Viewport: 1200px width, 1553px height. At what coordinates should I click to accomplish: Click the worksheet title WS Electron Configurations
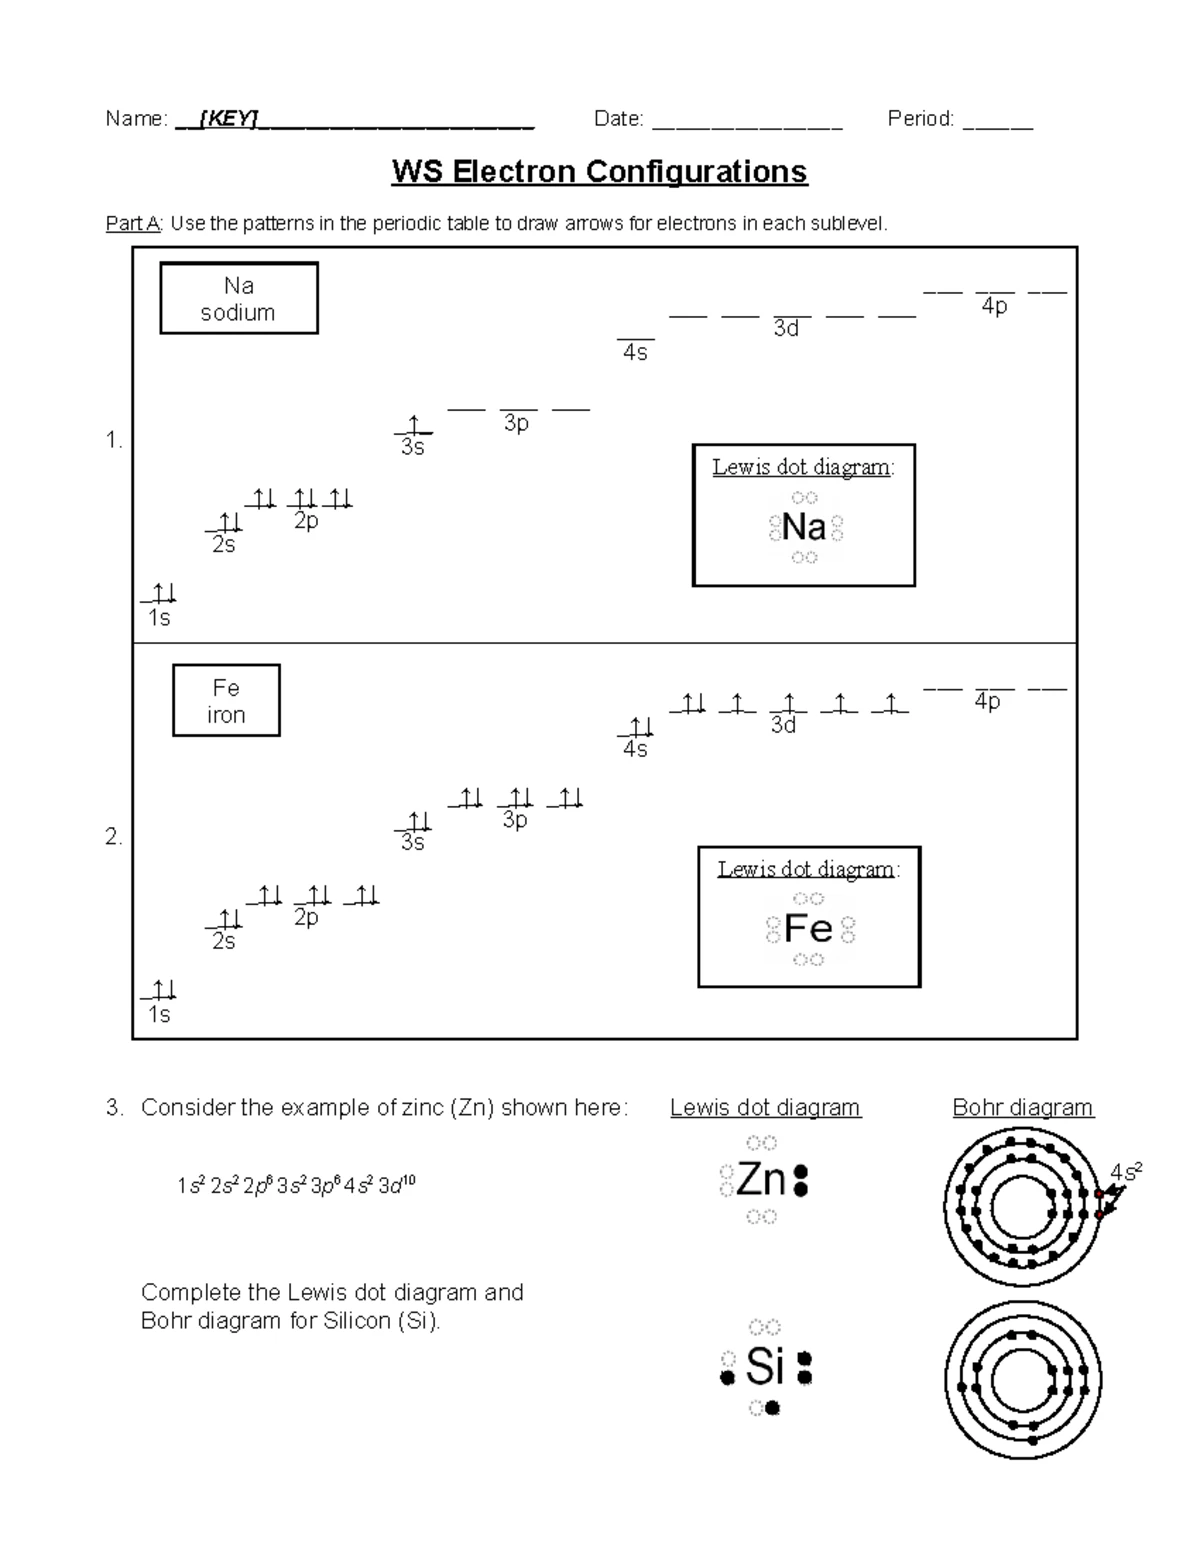pyautogui.click(x=599, y=172)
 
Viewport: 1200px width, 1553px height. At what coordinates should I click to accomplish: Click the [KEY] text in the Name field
pyautogui.click(x=229, y=119)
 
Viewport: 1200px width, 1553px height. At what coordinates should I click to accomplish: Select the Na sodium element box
pyautogui.click(x=239, y=298)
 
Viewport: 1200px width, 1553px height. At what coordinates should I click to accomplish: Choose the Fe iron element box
pyautogui.click(x=226, y=701)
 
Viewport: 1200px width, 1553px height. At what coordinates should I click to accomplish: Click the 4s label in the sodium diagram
pyautogui.click(x=635, y=353)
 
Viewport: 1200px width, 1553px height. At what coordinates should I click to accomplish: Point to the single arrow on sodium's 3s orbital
pyautogui.click(x=413, y=425)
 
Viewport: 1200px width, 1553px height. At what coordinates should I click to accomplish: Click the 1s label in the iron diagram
pyautogui.click(x=159, y=1015)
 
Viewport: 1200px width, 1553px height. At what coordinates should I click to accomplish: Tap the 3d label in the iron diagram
pyautogui.click(x=783, y=725)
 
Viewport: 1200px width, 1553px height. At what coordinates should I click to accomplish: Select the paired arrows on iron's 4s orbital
pyautogui.click(x=637, y=726)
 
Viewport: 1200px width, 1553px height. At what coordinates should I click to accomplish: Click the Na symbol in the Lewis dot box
pyautogui.click(x=804, y=527)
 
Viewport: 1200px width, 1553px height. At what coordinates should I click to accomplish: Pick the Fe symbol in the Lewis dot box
pyautogui.click(x=808, y=929)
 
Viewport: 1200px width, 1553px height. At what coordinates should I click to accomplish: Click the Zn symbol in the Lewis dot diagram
pyautogui.click(x=761, y=1181)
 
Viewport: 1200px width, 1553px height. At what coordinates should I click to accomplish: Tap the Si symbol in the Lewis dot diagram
pyautogui.click(x=765, y=1366)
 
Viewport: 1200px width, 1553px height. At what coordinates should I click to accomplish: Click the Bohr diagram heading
pyautogui.click(x=1023, y=1108)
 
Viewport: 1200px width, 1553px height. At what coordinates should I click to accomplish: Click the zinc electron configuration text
pyautogui.click(x=296, y=1186)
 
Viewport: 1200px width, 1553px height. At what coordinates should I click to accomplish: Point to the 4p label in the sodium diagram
pyautogui.click(x=994, y=307)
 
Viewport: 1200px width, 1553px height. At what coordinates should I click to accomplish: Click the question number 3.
pyautogui.click(x=114, y=1108)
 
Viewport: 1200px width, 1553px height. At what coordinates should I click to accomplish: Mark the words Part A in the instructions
pyautogui.click(x=133, y=224)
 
